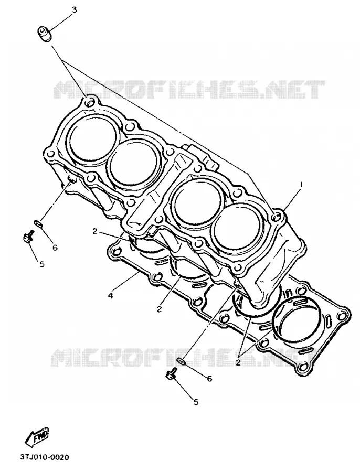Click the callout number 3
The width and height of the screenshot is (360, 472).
click(74, 10)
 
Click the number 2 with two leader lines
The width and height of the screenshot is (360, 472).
click(238, 362)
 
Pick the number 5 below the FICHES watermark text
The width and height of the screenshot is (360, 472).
click(196, 402)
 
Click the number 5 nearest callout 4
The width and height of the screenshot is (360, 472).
click(42, 264)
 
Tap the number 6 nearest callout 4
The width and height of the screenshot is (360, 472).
click(55, 248)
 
